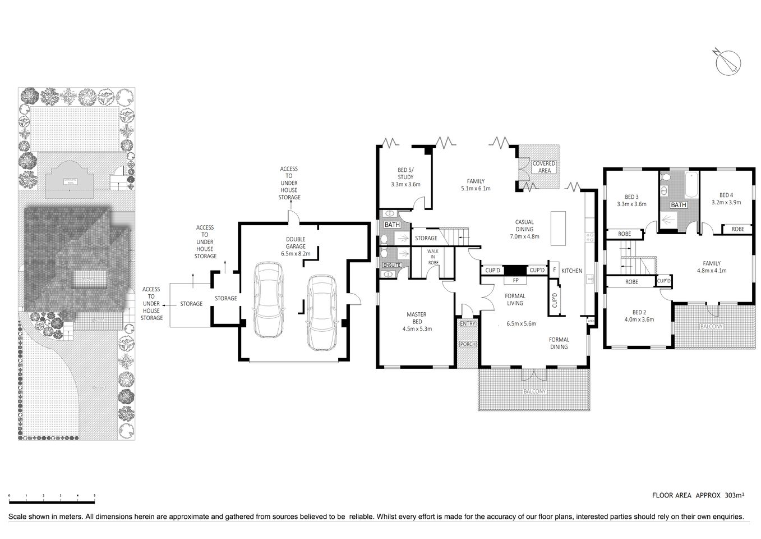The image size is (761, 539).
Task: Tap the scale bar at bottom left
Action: (52, 501)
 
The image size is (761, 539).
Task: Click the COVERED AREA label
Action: (544, 167)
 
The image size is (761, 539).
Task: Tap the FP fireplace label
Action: (515, 280)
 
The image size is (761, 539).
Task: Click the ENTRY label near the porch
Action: (467, 324)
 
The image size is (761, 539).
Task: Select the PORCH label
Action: (467, 344)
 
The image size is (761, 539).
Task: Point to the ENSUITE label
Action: (392, 264)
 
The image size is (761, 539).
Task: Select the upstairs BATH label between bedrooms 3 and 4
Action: (679, 205)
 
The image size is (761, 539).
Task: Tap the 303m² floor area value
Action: (734, 495)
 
